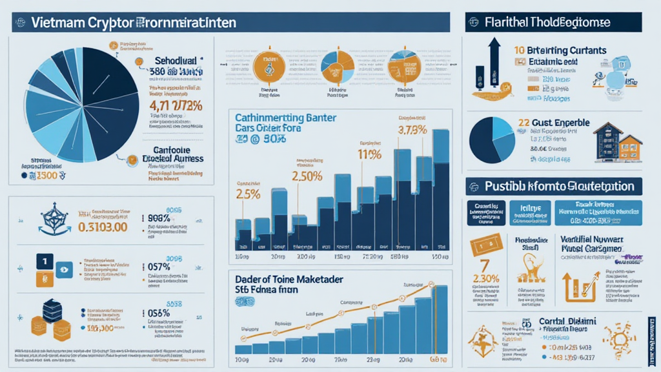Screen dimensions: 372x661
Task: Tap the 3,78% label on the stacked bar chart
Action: point(412,130)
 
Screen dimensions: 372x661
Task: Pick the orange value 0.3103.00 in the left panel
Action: point(101,227)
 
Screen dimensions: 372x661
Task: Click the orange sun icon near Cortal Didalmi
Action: point(614,336)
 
